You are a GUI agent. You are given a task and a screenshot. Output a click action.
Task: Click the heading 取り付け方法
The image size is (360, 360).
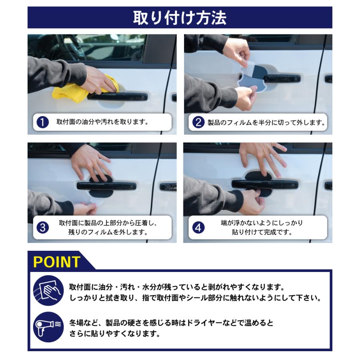[180, 18]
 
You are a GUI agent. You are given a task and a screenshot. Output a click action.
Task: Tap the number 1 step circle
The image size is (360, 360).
[42, 122]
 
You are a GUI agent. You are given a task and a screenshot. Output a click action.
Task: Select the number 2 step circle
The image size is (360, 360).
[198, 122]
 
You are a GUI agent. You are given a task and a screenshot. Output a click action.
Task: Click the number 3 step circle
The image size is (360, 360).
[42, 228]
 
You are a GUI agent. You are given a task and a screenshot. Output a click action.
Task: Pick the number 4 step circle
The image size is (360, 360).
[198, 228]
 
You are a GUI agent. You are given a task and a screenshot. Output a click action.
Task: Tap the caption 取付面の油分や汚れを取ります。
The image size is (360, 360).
[103, 122]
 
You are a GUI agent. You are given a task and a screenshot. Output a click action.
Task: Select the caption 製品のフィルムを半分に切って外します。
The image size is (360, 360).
[266, 122]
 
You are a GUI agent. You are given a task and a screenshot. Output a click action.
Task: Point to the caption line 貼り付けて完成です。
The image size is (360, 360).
[262, 232]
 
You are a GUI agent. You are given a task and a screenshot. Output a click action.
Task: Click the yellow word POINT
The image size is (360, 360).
[57, 262]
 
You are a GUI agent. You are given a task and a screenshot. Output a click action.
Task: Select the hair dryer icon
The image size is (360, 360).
[48, 327]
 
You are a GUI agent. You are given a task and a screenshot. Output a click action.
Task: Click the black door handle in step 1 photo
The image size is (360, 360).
[120, 97]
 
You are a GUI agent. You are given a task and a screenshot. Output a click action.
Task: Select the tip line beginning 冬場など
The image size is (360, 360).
[171, 322]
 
